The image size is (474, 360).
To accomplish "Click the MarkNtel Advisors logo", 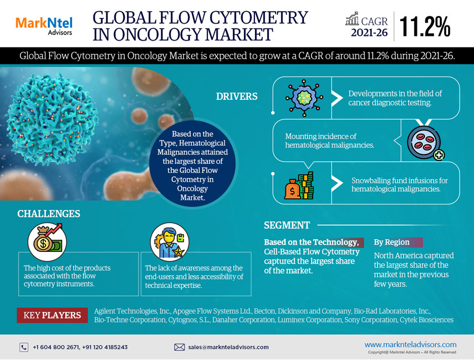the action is click(x=44, y=26).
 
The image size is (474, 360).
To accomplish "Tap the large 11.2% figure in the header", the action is click(x=425, y=27).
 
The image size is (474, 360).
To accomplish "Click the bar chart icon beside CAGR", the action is click(x=352, y=19).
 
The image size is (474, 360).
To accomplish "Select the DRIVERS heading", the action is click(x=236, y=96).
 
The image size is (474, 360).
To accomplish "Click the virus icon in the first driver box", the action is click(x=304, y=98).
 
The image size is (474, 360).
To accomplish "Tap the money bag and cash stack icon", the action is click(x=299, y=186).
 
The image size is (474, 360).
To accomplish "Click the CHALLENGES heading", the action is click(x=48, y=213).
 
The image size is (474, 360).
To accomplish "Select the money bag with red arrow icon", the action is click(x=47, y=242).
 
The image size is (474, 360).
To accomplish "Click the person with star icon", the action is click(x=170, y=242).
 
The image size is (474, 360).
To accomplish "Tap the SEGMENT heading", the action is click(x=287, y=225).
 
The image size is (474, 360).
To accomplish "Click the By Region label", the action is click(x=392, y=242).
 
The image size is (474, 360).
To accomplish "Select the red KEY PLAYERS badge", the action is click(x=52, y=315).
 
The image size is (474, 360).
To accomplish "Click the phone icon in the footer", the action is click(x=24, y=347).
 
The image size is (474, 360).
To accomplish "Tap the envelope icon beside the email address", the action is click(x=180, y=347).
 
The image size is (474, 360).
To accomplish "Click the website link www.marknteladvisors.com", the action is click(x=410, y=345).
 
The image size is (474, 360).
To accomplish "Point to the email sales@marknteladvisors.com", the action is click(x=229, y=347).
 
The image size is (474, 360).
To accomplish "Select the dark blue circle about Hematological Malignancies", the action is click(x=193, y=164).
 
